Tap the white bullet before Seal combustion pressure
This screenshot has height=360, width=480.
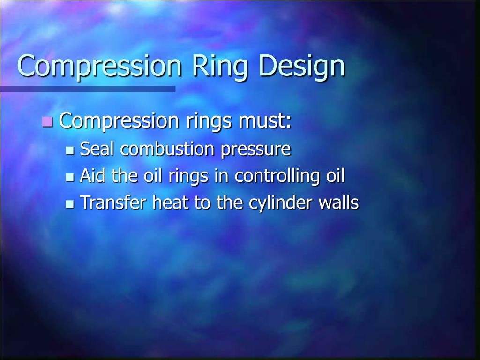pos(70,150)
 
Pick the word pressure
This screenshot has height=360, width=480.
pos(256,150)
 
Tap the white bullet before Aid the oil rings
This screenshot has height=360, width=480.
pos(70,177)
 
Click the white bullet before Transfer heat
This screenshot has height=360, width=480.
pos(70,204)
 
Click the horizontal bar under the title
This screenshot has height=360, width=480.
pos(88,89)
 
